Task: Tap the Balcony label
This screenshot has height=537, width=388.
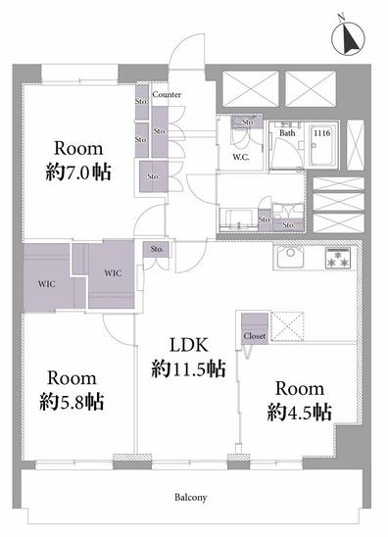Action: [191, 497]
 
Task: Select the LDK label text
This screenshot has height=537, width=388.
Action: [189, 345]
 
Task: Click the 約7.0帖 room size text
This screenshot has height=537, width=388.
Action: [78, 171]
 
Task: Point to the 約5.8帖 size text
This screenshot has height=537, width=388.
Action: [72, 402]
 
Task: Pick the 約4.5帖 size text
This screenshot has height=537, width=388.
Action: [299, 412]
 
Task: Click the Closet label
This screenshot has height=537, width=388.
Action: [255, 336]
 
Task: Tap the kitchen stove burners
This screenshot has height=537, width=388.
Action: [338, 258]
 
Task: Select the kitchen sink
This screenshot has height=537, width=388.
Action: [290, 257]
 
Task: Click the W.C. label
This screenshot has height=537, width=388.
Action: [241, 157]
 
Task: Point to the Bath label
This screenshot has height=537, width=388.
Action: [287, 133]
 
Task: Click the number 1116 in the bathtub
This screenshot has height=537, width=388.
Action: [322, 132]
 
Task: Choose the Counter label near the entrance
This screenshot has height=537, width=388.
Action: [167, 94]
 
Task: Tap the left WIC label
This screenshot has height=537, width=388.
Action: [47, 284]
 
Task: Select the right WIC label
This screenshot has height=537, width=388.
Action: [113, 273]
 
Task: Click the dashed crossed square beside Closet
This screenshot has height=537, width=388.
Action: [288, 326]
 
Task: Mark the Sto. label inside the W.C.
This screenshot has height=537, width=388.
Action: [248, 122]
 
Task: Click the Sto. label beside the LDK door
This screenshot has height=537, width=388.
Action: [157, 249]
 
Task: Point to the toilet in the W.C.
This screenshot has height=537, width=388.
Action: [240, 139]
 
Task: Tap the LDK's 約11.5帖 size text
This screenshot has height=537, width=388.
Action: [189, 368]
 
